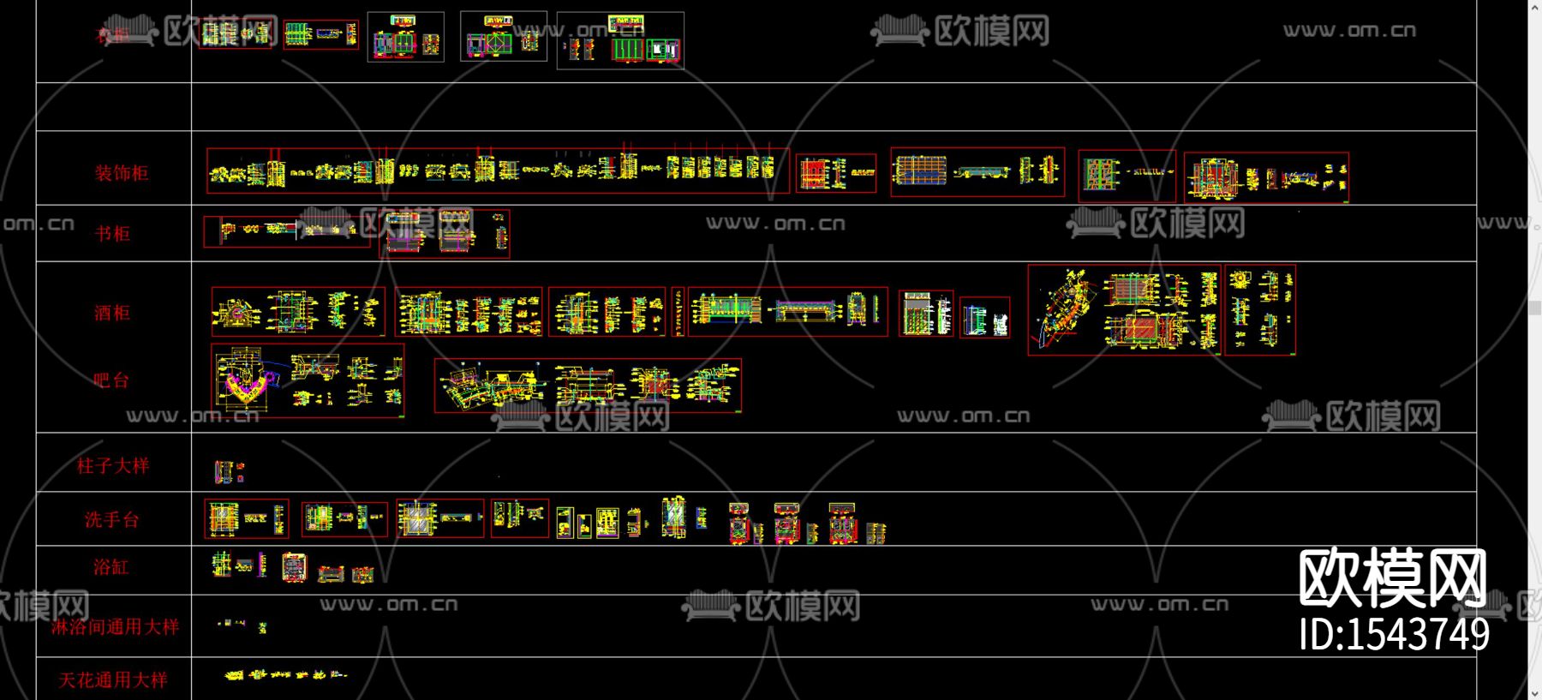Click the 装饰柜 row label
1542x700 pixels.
pos(122,173)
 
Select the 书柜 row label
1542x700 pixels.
pos(112,234)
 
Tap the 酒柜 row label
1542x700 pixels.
pos(112,313)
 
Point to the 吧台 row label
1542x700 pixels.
pos(111,380)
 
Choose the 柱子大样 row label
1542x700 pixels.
pos(113,465)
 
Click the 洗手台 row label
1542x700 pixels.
pos(111,519)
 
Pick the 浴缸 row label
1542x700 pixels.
pos(111,567)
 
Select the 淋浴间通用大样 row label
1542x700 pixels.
pos(115,626)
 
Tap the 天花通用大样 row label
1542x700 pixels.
pos(113,680)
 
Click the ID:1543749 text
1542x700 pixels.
pos(1394,635)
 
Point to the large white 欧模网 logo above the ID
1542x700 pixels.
pos(1392,578)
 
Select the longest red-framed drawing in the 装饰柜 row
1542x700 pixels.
pos(497,171)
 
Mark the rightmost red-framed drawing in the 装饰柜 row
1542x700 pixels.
pos(1266,177)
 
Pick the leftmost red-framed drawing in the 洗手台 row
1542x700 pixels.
pos(247,518)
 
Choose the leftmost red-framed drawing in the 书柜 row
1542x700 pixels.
pos(286,230)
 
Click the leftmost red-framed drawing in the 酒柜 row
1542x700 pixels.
pos(297,311)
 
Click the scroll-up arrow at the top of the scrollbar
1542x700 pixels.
pos(1534,8)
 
